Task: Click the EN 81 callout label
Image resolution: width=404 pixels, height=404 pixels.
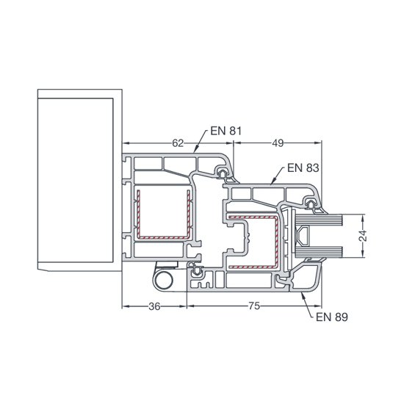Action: (226, 131)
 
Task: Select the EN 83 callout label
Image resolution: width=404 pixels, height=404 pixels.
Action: (303, 167)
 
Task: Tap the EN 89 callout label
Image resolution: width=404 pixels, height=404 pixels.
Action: (332, 317)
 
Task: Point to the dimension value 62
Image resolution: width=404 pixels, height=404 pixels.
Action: (178, 143)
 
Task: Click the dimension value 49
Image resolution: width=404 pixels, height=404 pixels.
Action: (278, 143)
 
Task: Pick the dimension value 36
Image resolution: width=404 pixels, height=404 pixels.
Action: (154, 306)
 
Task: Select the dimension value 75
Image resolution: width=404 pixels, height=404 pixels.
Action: (254, 306)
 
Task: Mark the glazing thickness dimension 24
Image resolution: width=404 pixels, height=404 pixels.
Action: (363, 236)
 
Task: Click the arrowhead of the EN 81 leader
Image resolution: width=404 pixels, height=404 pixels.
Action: (195, 150)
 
